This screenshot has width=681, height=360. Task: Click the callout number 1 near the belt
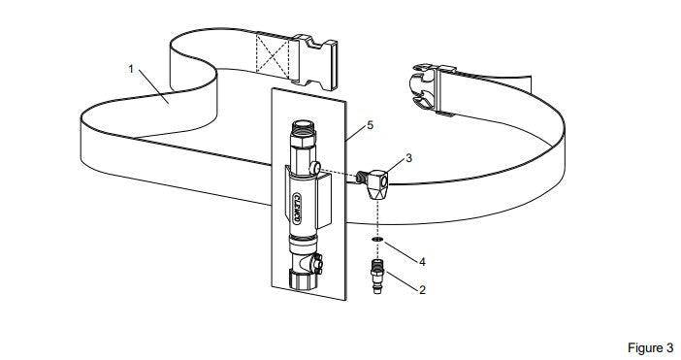click(x=131, y=69)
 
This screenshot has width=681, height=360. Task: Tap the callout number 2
click(x=422, y=290)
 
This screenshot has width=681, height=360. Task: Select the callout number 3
click(x=408, y=158)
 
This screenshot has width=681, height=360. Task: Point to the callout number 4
click(x=422, y=261)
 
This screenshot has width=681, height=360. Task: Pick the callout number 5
click(x=370, y=125)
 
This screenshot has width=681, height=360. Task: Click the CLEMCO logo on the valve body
click(x=297, y=208)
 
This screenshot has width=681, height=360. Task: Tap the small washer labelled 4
click(x=377, y=240)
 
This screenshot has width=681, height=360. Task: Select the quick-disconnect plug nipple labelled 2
click(x=377, y=276)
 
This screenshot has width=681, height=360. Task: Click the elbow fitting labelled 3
click(x=373, y=183)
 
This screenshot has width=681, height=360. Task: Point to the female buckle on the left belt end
click(x=313, y=62)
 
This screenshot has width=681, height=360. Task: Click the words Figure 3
click(x=650, y=347)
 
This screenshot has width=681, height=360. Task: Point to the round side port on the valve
click(x=314, y=167)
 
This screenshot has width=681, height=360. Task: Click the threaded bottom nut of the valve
click(x=303, y=278)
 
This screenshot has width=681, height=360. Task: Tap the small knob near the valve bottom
click(x=318, y=263)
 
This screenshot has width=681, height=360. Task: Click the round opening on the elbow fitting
click(x=383, y=181)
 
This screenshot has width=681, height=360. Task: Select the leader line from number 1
click(x=153, y=87)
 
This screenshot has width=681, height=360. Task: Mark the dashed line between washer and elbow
click(x=378, y=218)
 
